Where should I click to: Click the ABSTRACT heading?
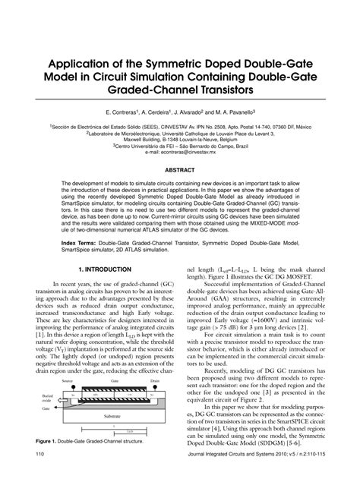point(180,171)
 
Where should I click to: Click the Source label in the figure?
point(67,381)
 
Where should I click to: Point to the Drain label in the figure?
point(154,381)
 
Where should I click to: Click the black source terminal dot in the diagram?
point(67,387)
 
